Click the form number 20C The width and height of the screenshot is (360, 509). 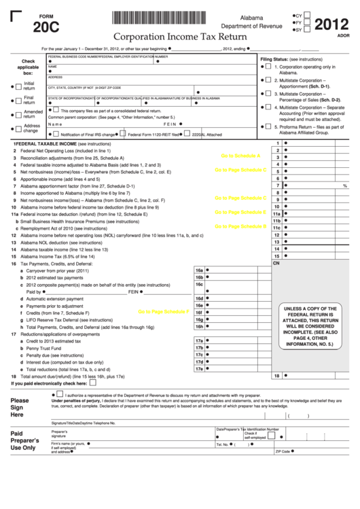[x=48, y=28]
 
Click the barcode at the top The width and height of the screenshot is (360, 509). [x=161, y=18]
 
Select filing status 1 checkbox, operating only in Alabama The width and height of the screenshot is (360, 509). [x=268, y=67]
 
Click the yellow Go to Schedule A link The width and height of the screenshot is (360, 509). [x=240, y=156]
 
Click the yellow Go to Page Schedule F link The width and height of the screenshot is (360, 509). [x=162, y=311]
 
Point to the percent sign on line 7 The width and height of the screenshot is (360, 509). [x=344, y=186]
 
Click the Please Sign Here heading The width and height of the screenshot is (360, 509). [x=20, y=407]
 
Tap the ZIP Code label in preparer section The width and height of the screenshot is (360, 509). [x=283, y=451]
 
